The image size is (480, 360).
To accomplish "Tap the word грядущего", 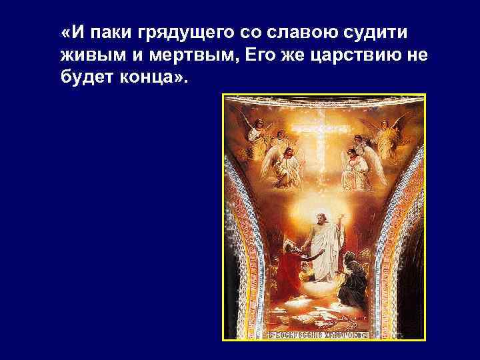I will click(176, 33).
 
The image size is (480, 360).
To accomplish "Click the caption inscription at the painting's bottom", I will click(323, 333).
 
